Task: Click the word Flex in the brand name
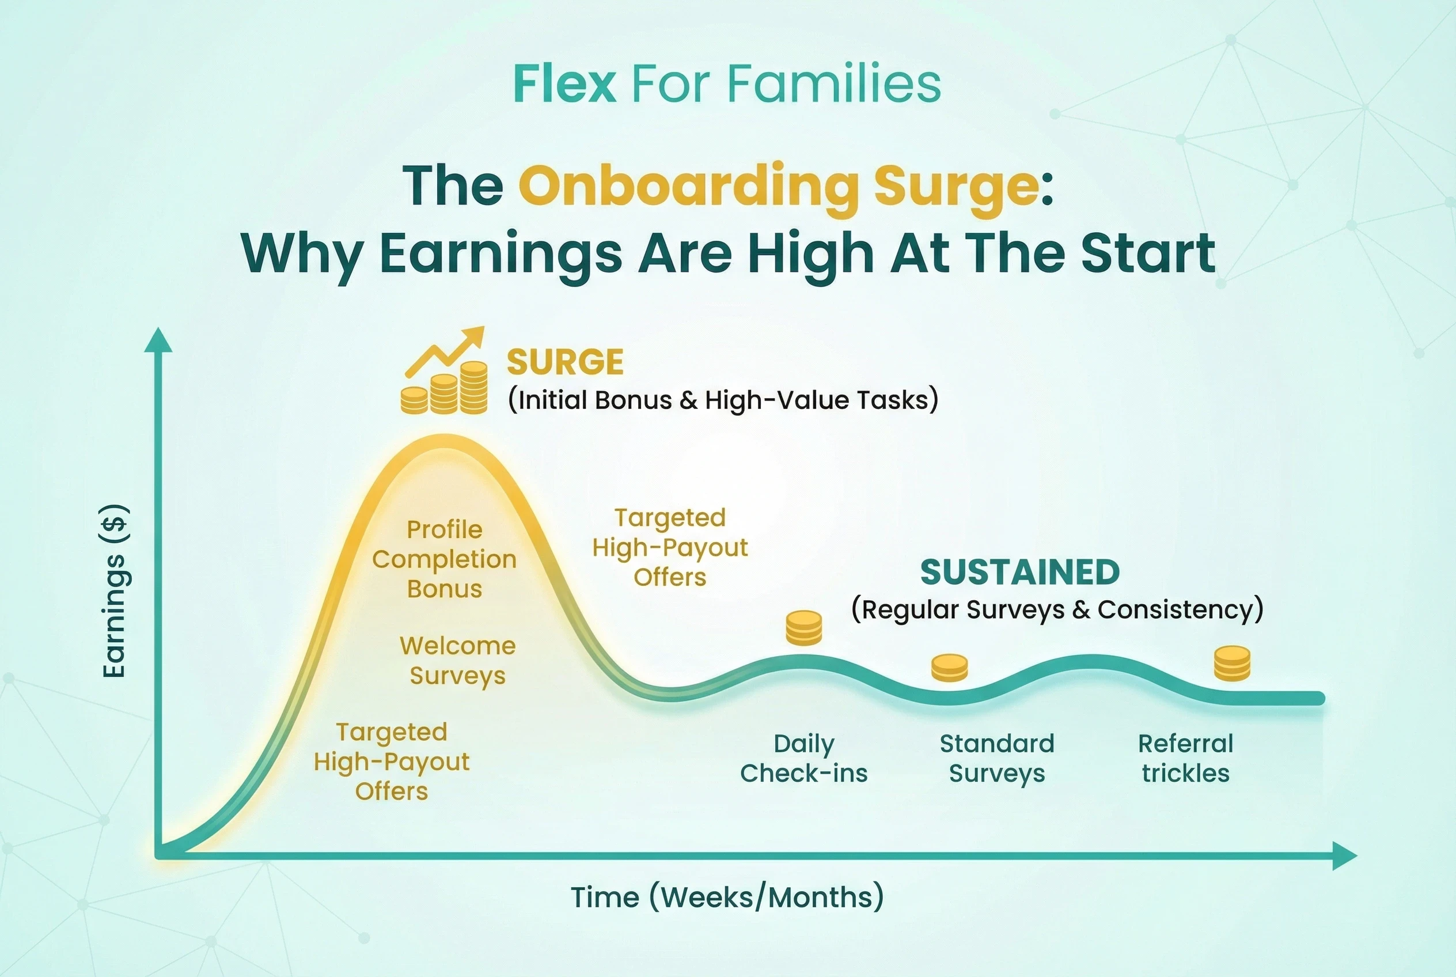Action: coord(564,84)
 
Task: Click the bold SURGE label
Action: coord(565,362)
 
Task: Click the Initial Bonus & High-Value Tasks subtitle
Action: coord(723,399)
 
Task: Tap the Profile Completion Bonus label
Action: coord(444,559)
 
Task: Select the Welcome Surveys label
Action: coord(458,661)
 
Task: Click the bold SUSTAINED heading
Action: coord(1020,572)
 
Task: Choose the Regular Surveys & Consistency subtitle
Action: coord(1057,609)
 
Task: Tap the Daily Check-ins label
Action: coord(803,758)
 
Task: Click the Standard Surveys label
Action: coord(997,758)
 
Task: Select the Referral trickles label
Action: coord(1186,758)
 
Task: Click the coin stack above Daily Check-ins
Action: coord(803,627)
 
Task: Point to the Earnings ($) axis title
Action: coord(115,590)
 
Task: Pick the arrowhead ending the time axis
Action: coord(1344,855)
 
